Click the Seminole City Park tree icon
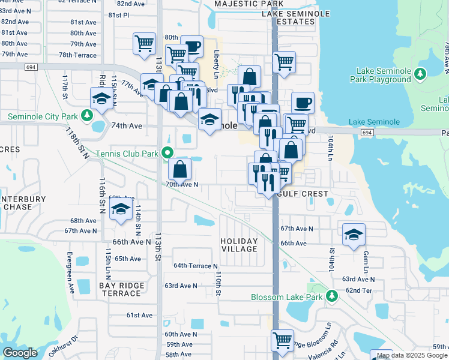point(88,115)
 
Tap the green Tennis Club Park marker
point(168,154)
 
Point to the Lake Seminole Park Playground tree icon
point(421,74)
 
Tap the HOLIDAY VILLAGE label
point(239,245)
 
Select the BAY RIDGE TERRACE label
point(121,289)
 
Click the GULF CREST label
point(303,194)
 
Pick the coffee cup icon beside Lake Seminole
point(303,101)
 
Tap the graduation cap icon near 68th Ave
point(121,210)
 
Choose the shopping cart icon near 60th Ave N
point(282,340)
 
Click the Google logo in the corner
point(20,353)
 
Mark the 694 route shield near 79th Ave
point(30,67)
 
